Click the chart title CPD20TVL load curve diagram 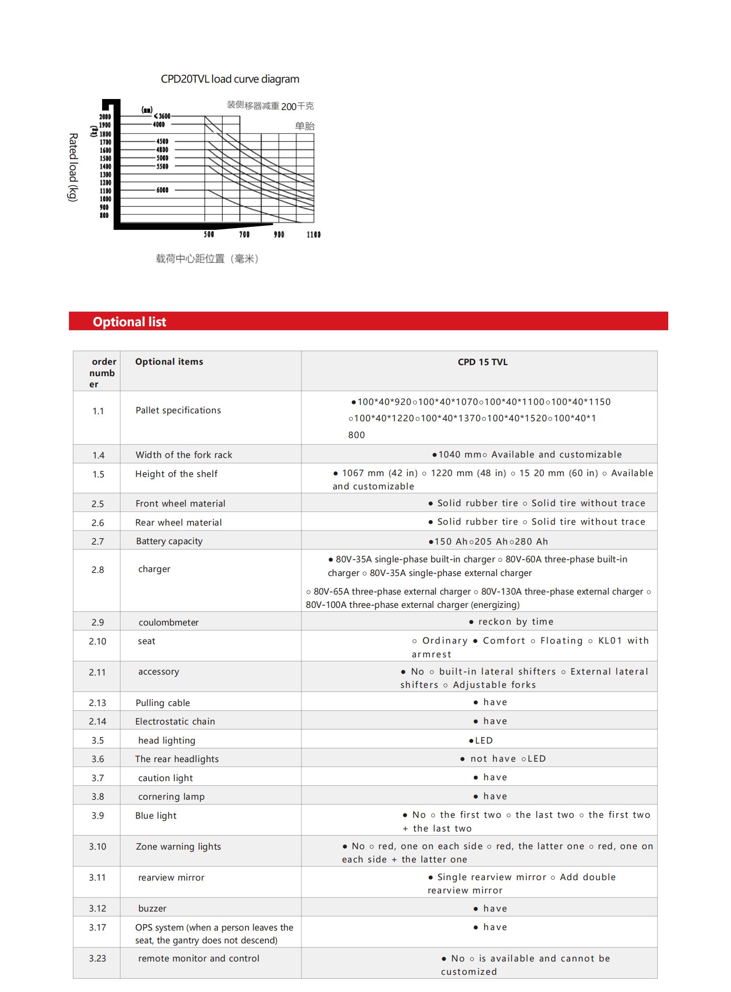tap(230, 79)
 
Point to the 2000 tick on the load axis tap(105, 117)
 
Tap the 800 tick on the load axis tap(104, 216)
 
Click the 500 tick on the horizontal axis tap(209, 235)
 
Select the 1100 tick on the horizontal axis tap(313, 235)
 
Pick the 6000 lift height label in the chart tap(162, 191)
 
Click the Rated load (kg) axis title tap(73, 168)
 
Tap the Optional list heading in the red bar tap(129, 322)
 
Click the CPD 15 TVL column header tap(482, 362)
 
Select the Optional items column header tap(169, 362)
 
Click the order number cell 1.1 tap(98, 411)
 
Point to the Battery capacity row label tap(169, 541)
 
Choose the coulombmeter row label tap(168, 622)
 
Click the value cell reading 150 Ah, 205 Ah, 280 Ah tap(488, 542)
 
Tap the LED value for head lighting tap(481, 740)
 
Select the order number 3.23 tap(97, 958)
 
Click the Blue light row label tap(156, 815)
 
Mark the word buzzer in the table tap(152, 908)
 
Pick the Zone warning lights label tap(178, 847)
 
